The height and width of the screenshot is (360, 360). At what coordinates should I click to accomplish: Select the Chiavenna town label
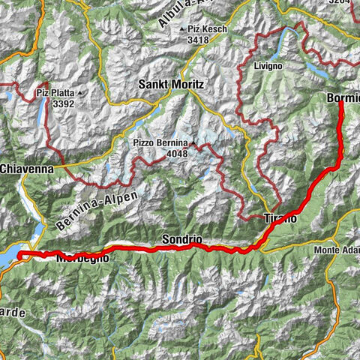(x=26, y=169)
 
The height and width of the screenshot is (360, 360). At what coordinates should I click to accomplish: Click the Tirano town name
(x=282, y=217)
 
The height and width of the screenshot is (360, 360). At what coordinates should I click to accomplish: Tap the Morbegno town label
(x=82, y=257)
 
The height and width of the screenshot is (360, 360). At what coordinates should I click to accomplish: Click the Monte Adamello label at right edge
(x=337, y=250)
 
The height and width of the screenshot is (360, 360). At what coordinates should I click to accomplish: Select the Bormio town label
(x=343, y=97)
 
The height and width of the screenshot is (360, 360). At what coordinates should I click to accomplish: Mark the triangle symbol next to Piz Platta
(x=79, y=94)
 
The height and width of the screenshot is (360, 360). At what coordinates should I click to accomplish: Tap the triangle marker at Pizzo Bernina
(x=192, y=142)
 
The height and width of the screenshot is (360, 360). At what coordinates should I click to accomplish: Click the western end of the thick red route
(x=18, y=256)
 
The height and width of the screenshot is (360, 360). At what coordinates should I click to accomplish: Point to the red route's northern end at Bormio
(x=340, y=103)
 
